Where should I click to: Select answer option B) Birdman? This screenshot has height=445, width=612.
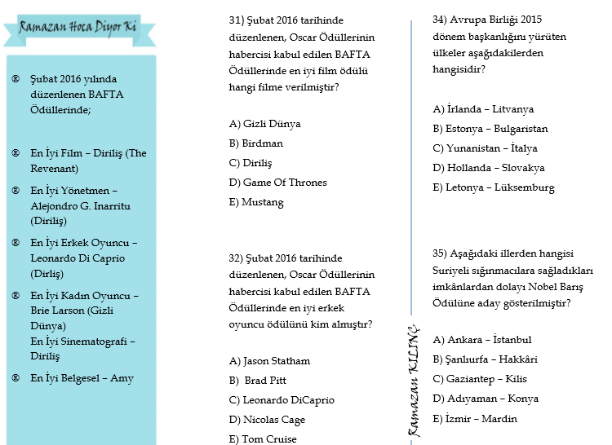coord(256,143)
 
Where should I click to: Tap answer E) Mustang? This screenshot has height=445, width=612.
coord(256,202)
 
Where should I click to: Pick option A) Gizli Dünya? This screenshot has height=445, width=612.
coord(264,124)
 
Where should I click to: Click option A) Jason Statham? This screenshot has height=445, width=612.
coord(269,361)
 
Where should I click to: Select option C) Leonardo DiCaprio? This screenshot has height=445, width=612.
coord(282,400)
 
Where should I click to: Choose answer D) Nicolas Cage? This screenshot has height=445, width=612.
coord(267,420)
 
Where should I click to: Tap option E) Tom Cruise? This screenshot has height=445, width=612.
coord(263,439)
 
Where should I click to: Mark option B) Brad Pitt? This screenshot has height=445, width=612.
coord(258,381)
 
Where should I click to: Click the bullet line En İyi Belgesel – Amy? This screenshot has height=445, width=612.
coord(82,378)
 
